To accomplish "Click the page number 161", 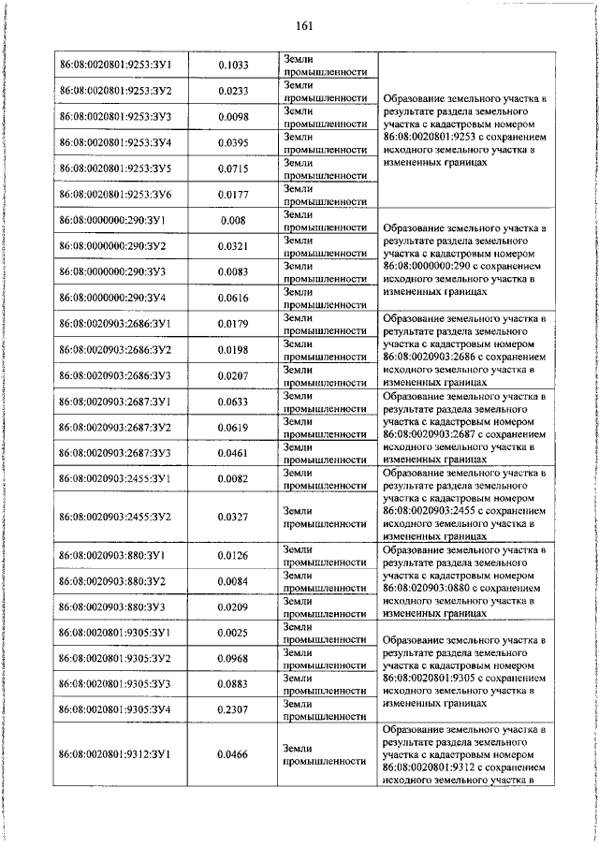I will click(x=302, y=24).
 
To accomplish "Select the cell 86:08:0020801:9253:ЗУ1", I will click(x=122, y=65).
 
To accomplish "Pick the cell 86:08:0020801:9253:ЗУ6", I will click(x=122, y=194).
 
